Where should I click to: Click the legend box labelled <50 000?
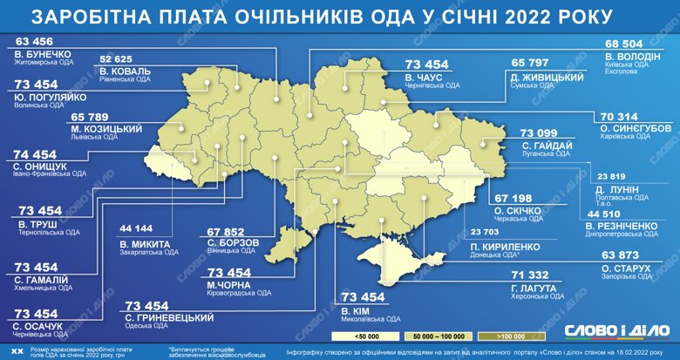[x=357, y=335]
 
